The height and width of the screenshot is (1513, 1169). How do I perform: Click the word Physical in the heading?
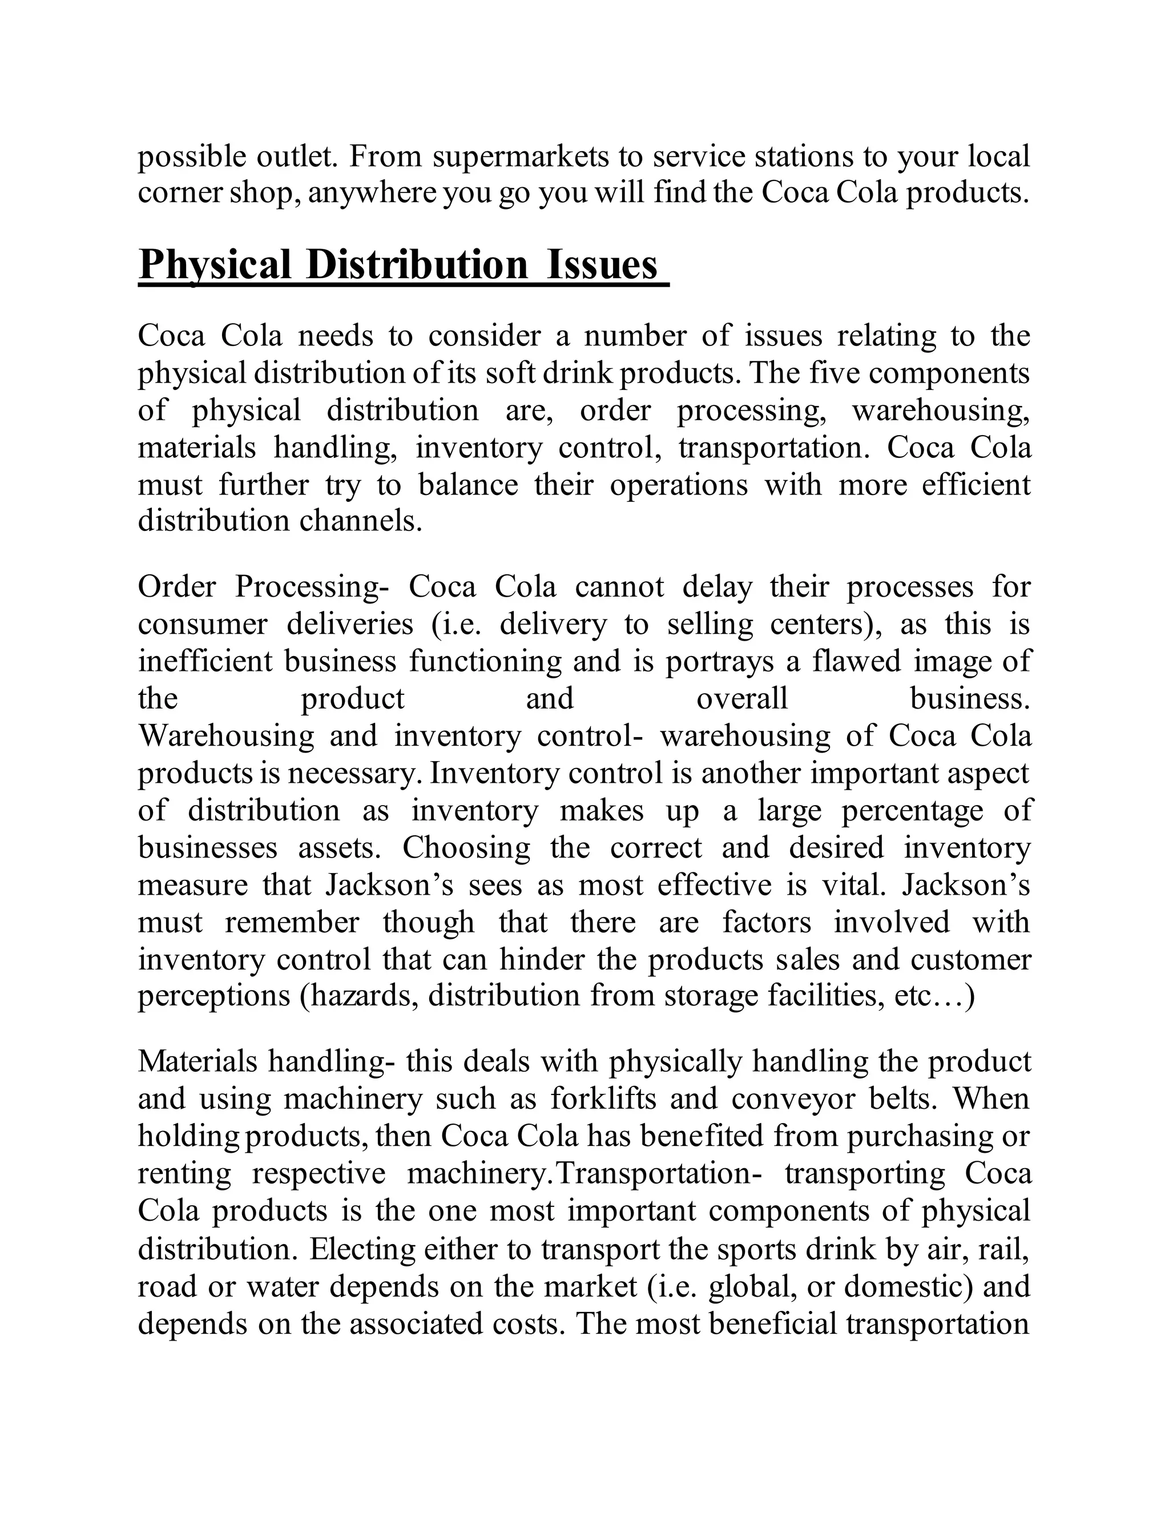click(x=215, y=265)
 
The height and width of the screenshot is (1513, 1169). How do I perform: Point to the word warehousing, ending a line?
click(x=941, y=410)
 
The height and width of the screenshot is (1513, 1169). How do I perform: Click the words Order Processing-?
click(x=264, y=588)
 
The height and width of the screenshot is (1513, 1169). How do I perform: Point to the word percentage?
click(x=912, y=811)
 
